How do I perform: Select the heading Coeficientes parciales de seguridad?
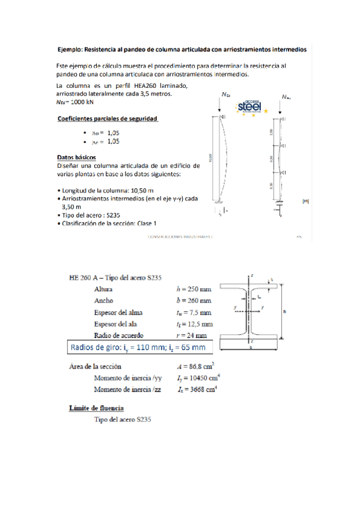tap(107, 118)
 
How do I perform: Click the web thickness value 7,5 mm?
tap(198, 312)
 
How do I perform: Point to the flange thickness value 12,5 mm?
tap(199, 324)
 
